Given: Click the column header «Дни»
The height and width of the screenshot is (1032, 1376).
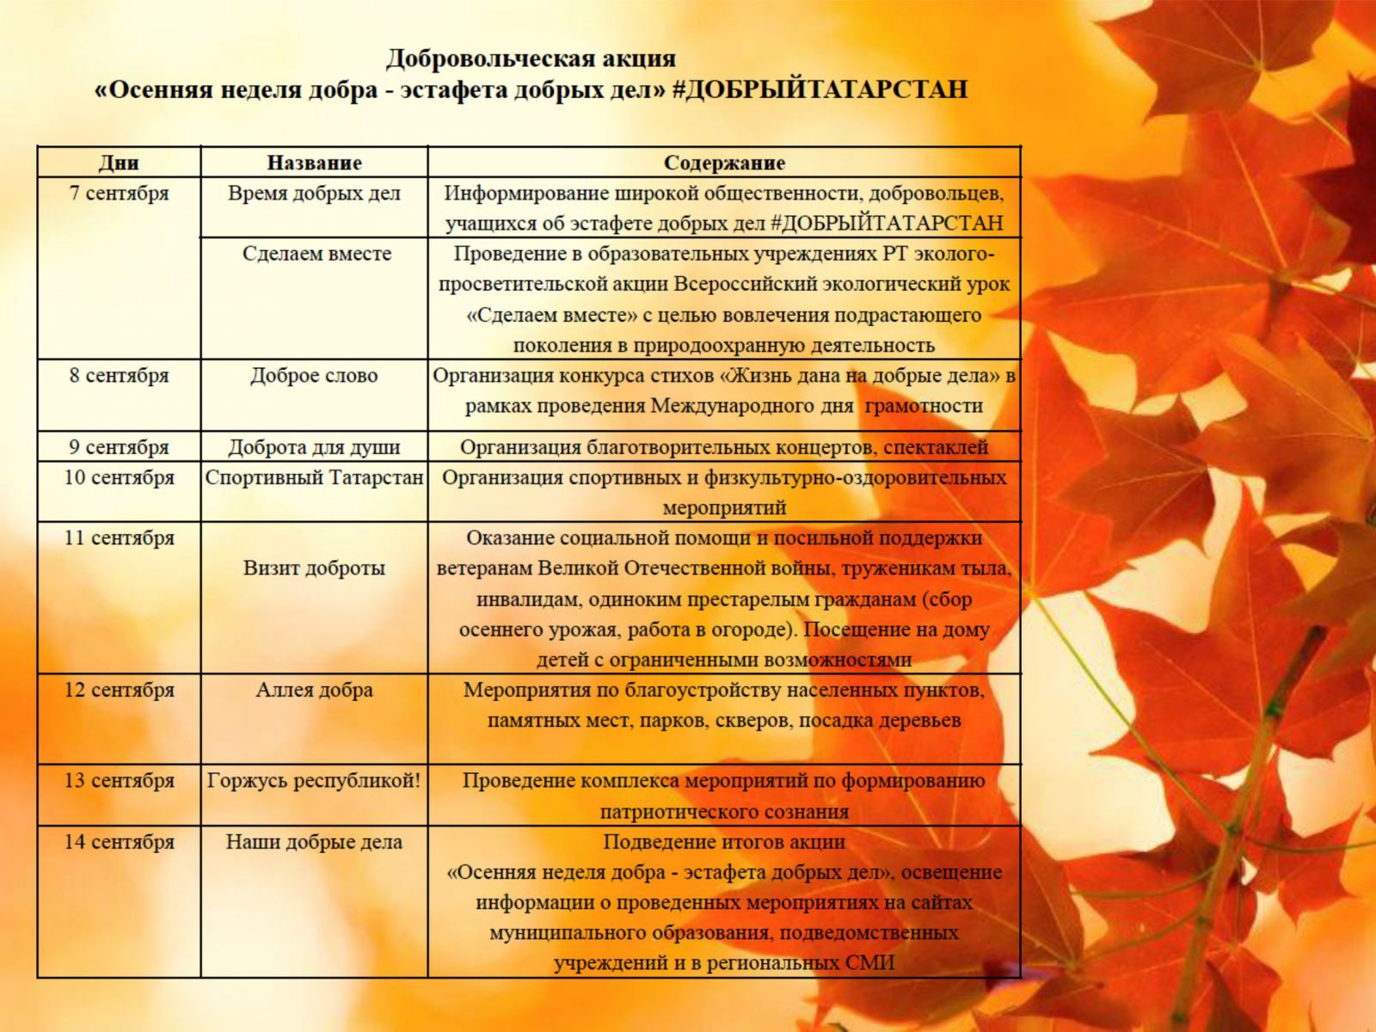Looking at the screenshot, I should [119, 163].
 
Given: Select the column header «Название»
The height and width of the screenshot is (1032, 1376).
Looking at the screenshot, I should [314, 163].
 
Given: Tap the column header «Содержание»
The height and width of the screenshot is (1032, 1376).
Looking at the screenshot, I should [724, 163].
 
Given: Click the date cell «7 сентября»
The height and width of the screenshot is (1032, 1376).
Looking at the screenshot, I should [119, 193].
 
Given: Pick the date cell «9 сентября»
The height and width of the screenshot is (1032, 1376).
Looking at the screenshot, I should [119, 447].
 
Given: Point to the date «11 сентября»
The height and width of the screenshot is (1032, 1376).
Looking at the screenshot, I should [119, 538].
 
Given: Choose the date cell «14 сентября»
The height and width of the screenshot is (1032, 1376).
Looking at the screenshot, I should [119, 842].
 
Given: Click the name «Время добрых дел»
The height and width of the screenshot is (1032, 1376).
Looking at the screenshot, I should [314, 193].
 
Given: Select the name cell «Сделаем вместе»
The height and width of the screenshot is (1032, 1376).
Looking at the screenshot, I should [316, 254].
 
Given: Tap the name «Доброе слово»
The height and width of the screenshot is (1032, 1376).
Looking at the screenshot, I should [314, 376].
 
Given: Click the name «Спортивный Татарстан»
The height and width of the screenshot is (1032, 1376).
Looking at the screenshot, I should [314, 477].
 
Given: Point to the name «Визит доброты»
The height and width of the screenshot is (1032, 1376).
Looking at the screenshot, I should [314, 568].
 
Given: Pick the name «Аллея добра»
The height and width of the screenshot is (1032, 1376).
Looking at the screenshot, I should [314, 690].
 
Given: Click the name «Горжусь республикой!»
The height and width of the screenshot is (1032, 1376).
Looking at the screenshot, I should [314, 781].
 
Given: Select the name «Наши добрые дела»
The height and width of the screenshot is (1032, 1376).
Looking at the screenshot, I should [314, 842].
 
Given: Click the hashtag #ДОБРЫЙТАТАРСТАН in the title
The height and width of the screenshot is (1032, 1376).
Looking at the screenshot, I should [820, 89].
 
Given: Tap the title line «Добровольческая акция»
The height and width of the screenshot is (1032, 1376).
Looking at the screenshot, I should [531, 58].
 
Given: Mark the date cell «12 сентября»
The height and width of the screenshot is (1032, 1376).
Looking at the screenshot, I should [119, 690].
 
